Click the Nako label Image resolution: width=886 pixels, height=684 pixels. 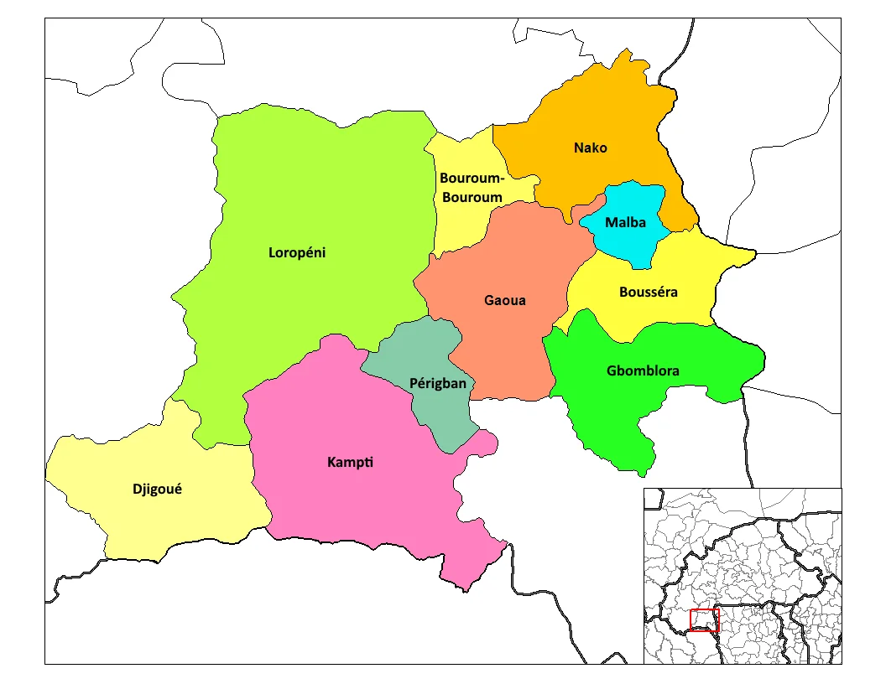[590, 148]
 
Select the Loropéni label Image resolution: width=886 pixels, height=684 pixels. [296, 251]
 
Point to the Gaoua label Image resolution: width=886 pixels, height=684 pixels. [505, 300]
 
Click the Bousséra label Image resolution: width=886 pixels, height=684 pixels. [648, 293]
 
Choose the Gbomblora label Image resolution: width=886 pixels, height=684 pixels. [643, 370]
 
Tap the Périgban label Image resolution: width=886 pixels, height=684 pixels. [437, 383]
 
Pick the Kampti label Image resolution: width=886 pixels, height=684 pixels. [351, 463]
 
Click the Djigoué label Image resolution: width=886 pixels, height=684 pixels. [157, 489]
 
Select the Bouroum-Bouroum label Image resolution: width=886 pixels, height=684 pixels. [471, 188]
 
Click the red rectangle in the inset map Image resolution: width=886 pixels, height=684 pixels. [704, 620]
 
